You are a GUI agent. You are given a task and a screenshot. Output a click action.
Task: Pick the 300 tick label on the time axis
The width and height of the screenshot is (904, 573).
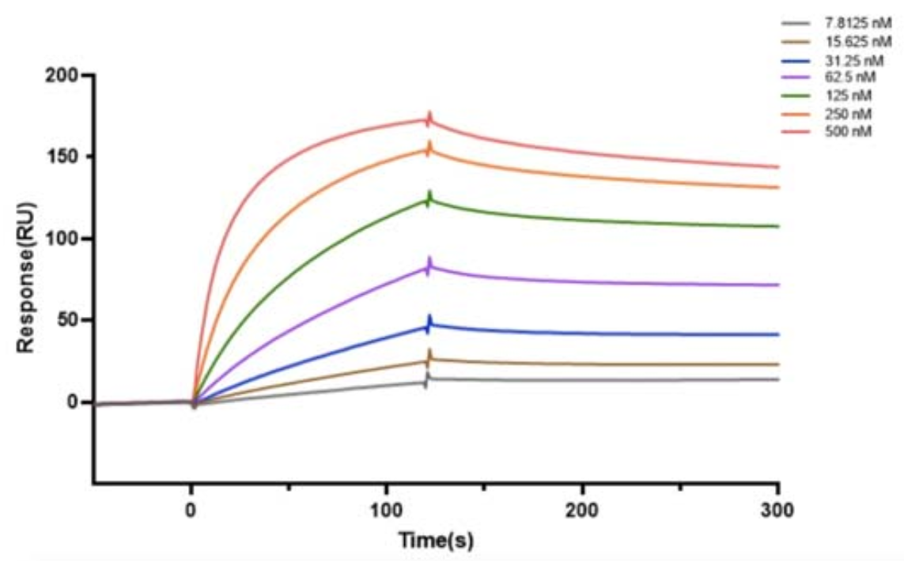click(x=778, y=510)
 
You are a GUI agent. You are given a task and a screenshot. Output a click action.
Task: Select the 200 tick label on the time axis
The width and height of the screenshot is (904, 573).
click(x=583, y=510)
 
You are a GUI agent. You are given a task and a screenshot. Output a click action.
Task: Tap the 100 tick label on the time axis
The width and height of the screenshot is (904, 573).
click(x=387, y=510)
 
